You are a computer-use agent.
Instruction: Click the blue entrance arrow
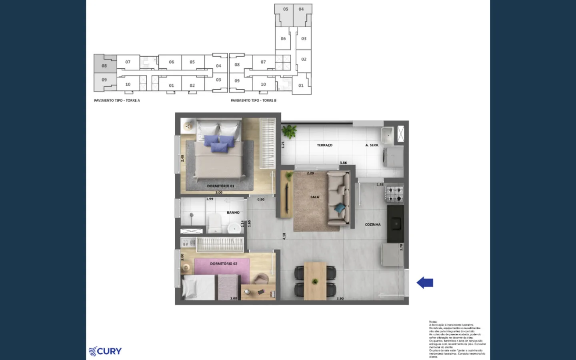(x=425, y=283)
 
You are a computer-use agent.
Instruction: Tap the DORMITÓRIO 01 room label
(x=220, y=186)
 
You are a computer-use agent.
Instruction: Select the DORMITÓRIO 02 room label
(x=224, y=264)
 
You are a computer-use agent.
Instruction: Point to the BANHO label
(x=233, y=213)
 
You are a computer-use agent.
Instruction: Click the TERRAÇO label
(x=324, y=145)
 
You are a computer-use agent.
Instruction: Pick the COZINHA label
(x=373, y=225)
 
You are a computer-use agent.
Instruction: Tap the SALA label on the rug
(x=315, y=197)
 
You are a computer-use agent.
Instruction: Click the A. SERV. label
(x=372, y=145)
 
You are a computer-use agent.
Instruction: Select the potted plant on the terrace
(x=289, y=131)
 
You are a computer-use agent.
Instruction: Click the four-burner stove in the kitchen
(x=394, y=194)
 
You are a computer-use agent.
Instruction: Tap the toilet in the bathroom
(x=215, y=222)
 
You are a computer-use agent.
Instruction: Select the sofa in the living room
(x=338, y=198)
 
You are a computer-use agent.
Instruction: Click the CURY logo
(x=105, y=351)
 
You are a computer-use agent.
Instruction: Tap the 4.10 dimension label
(x=284, y=236)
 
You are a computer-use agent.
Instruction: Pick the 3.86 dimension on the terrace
(x=343, y=163)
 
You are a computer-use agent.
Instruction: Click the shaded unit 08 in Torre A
(x=104, y=66)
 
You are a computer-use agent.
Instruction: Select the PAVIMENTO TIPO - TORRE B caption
(x=253, y=100)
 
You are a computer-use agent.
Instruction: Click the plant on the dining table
(x=315, y=281)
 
